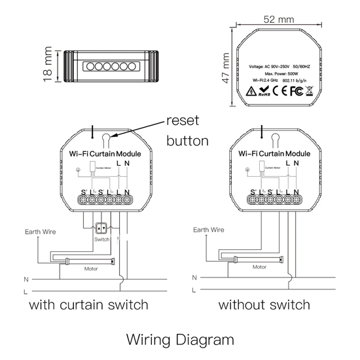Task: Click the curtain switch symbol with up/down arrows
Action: tap(101, 229)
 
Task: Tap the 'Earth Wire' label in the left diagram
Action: tap(39, 231)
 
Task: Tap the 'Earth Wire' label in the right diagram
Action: tap(209, 230)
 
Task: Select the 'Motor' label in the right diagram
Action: tap(260, 268)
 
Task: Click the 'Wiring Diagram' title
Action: tap(179, 340)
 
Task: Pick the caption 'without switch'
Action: tap(264, 305)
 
